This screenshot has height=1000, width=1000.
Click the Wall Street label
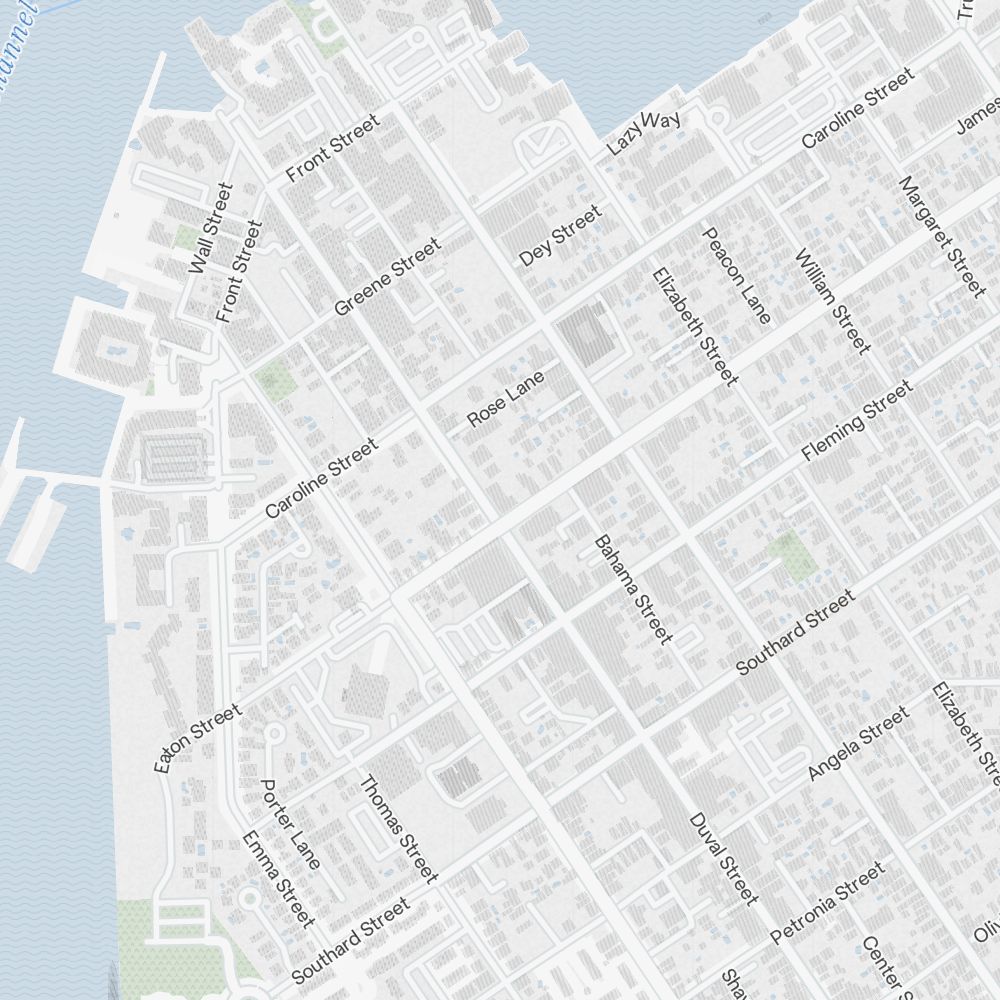pyautogui.click(x=211, y=228)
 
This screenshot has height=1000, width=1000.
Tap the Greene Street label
pyautogui.click(x=387, y=277)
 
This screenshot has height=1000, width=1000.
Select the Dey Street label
pyautogui.click(x=561, y=236)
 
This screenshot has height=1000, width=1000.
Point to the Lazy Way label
pyautogui.click(x=645, y=133)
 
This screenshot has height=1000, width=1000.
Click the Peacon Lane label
pyautogui.click(x=737, y=275)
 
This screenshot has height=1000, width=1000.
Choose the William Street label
pyautogui.click(x=832, y=301)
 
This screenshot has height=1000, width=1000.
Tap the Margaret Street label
pyautogui.click(x=941, y=236)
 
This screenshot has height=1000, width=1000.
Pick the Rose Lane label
pyautogui.click(x=506, y=398)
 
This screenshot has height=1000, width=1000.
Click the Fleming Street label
pyautogui.click(x=857, y=421)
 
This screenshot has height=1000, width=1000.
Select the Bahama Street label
pyautogui.click(x=633, y=589)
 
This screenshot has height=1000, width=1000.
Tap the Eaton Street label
pyautogui.click(x=197, y=738)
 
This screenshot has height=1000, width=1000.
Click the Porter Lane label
pyautogui.click(x=290, y=824)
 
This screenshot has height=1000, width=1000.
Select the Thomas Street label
pyautogui.click(x=398, y=829)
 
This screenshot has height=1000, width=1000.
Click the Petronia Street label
pyautogui.click(x=828, y=903)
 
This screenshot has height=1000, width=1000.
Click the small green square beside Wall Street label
pyautogui.click(x=187, y=238)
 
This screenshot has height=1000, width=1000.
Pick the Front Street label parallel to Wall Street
pyautogui.click(x=239, y=272)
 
